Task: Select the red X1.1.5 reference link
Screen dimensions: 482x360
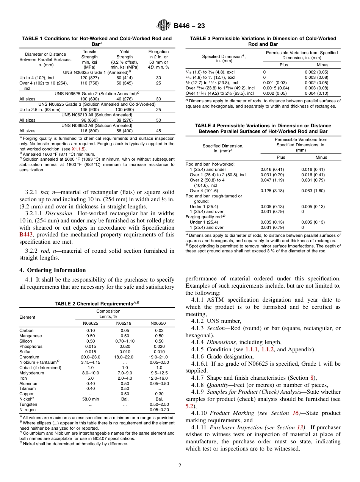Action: pos(79,149)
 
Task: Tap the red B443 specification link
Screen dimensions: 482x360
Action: pos(26,235)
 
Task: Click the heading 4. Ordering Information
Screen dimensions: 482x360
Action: pos(53,270)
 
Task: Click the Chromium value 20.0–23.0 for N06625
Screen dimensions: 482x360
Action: pos(90,357)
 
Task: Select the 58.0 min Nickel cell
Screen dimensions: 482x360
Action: pos(90,399)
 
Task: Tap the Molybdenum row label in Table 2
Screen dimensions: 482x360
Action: pos(31,373)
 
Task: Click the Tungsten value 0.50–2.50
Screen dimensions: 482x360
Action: pos(159,404)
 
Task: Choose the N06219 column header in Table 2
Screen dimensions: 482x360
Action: pos(125,323)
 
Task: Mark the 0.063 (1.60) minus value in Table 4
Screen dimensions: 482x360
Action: pos(313,191)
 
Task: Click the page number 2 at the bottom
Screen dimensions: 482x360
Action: pos(180,465)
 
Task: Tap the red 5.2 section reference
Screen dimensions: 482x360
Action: pos(189,406)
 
